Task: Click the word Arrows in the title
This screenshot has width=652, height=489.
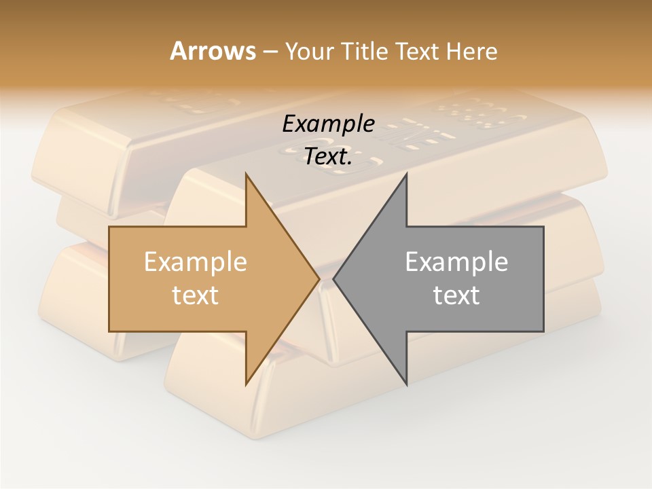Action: (x=213, y=51)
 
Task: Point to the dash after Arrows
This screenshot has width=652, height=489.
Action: (x=269, y=52)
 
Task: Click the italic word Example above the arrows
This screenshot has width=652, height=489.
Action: (x=329, y=124)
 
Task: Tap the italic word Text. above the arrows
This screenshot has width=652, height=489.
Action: (x=329, y=157)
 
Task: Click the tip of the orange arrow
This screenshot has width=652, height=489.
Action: (x=319, y=278)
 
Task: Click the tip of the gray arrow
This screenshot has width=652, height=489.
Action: (x=334, y=278)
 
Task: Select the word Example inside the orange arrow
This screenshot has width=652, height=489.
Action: (x=196, y=262)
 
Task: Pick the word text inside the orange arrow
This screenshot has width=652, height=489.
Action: (x=196, y=295)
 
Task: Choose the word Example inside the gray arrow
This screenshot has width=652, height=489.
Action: (x=456, y=262)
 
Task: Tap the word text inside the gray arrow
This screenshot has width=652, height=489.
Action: (x=456, y=295)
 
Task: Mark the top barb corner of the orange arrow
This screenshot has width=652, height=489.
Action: (x=246, y=174)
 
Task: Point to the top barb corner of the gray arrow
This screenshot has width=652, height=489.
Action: (x=406, y=174)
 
